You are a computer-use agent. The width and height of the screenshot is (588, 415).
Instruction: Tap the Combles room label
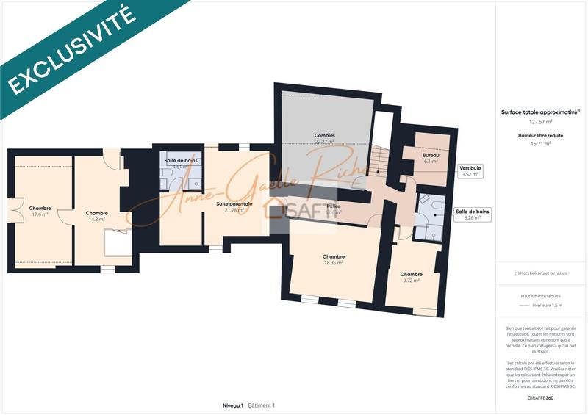tap(324, 136)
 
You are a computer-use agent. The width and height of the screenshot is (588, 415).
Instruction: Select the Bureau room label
tap(430, 156)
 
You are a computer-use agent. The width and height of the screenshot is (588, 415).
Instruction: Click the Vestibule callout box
tap(470, 171)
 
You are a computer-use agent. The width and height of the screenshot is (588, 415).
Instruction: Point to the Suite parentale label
tap(234, 203)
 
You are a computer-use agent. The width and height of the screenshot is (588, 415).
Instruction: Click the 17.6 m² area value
tap(40, 214)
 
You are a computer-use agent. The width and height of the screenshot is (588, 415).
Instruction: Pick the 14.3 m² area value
tap(97, 219)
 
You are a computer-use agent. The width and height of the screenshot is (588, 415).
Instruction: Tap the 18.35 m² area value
tap(334, 262)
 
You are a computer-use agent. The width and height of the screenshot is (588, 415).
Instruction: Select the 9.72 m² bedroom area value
tap(412, 280)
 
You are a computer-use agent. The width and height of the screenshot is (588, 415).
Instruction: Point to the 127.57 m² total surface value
tap(540, 122)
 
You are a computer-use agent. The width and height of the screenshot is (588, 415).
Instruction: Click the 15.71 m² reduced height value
tap(540, 144)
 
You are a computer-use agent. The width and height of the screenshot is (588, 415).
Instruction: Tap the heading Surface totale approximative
tap(539, 112)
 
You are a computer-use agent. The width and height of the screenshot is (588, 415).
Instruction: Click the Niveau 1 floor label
tap(232, 405)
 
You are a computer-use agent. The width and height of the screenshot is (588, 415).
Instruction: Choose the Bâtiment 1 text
tap(261, 405)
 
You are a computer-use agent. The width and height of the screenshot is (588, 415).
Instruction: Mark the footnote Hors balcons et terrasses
tap(540, 273)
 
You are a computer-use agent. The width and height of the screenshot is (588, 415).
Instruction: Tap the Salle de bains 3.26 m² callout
tap(473, 214)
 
